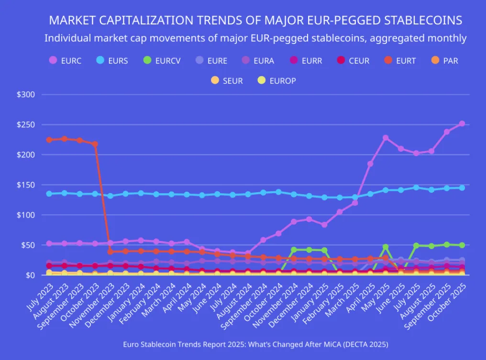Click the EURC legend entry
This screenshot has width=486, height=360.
pos(66,61)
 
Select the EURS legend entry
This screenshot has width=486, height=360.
pos(112,61)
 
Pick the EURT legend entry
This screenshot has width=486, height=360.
pos(400,61)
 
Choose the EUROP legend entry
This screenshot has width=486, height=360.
pos(277,81)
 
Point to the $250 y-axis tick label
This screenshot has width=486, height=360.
pos(26,125)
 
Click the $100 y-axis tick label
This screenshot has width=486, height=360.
pos(26,215)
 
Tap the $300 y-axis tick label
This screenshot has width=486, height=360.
pos(26,95)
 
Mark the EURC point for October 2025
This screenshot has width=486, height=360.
pos(462,124)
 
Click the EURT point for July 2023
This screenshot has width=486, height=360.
pos(49,140)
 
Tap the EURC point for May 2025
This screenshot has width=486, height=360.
pos(386,138)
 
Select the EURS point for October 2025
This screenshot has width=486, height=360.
pos(462,188)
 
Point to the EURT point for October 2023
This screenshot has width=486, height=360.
pos(95,144)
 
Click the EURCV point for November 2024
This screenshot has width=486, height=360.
pos(294,250)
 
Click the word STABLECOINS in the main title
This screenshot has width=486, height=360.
pos(419,21)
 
